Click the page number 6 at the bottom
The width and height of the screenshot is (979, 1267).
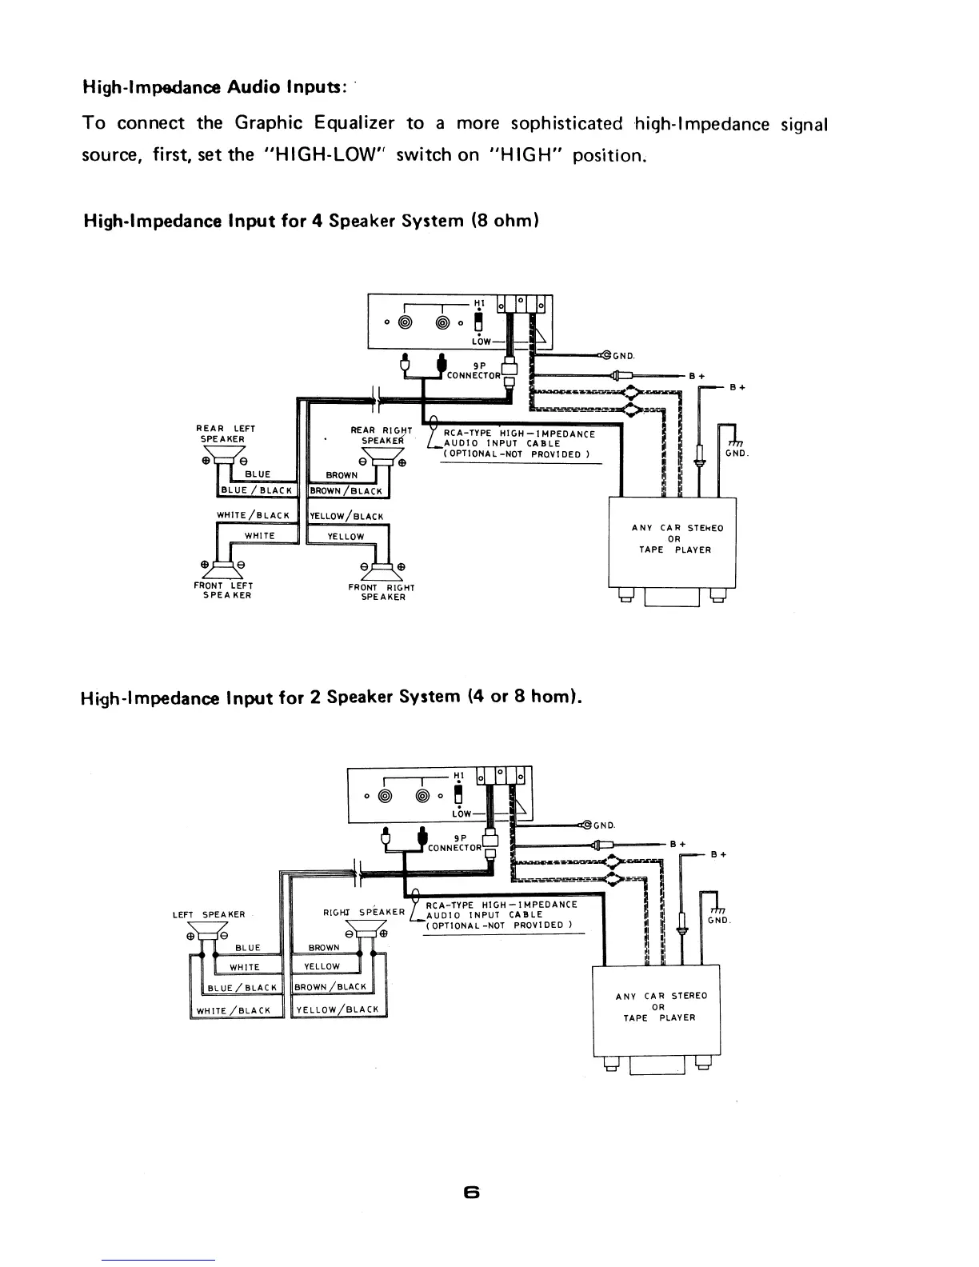coord(471,1193)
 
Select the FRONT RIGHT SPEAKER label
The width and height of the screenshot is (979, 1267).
coord(382,592)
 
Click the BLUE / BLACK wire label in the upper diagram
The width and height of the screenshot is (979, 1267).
coord(258,490)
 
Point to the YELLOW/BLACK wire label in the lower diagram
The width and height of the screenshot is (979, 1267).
coord(338,1009)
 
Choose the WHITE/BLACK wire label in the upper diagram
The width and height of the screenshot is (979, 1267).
coord(253,516)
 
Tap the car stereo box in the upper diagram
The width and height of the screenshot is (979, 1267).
coord(673,542)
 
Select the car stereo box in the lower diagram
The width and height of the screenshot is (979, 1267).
coord(656,1009)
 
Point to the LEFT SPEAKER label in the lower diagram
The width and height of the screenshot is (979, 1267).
coord(208,914)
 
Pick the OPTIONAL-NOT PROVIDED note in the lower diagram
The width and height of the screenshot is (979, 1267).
coord(500,925)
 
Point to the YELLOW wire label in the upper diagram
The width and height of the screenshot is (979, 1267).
coord(346,537)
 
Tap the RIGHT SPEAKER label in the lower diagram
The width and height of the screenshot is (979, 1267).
coord(364,912)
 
